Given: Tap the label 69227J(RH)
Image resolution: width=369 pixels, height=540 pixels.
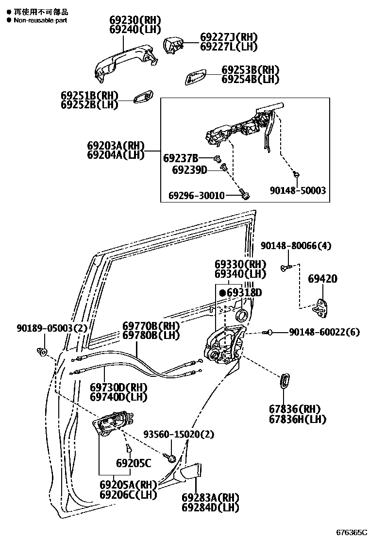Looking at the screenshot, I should (229, 37).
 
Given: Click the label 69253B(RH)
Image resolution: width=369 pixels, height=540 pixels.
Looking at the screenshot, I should (251, 70).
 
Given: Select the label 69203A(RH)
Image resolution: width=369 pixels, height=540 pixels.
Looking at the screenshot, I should (116, 145).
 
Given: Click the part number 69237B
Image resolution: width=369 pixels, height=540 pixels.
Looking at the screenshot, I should (181, 158).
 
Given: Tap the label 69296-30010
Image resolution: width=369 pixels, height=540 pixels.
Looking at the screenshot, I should (197, 195).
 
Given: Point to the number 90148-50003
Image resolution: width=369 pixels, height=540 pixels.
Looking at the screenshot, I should (298, 191).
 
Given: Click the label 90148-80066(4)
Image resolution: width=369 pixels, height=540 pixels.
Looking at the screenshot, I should (296, 246).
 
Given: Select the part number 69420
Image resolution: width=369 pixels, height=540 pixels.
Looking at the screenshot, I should (323, 279).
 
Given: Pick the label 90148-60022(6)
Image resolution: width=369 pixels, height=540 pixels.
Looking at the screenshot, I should (324, 332).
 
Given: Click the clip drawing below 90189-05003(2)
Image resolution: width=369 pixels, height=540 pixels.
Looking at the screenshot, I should (42, 350).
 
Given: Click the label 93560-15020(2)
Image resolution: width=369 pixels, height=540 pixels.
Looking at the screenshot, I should (179, 434).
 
